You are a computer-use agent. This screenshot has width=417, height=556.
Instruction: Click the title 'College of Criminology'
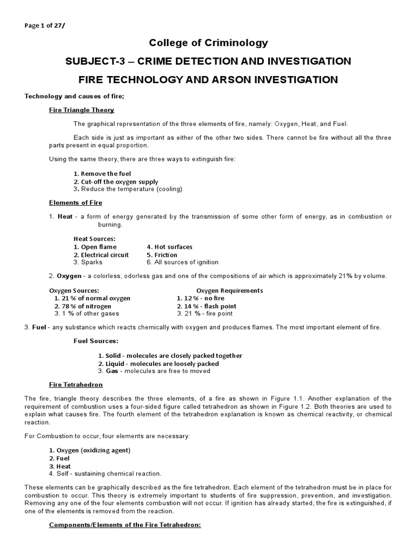click(x=208, y=42)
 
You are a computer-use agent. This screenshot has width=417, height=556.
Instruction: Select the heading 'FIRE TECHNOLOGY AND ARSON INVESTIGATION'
click(x=208, y=79)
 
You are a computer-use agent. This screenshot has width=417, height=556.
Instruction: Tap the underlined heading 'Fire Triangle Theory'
click(x=81, y=110)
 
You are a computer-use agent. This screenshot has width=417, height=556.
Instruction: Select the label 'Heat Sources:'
click(x=94, y=239)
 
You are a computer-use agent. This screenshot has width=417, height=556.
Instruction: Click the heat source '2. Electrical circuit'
click(x=102, y=255)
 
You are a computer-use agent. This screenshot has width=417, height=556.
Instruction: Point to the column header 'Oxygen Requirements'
click(x=229, y=290)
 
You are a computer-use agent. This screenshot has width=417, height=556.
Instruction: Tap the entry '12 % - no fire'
click(x=201, y=299)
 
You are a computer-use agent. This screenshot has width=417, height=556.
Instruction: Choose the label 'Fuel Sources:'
click(x=96, y=341)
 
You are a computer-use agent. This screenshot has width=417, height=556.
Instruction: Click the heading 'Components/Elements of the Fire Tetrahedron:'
click(x=125, y=525)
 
